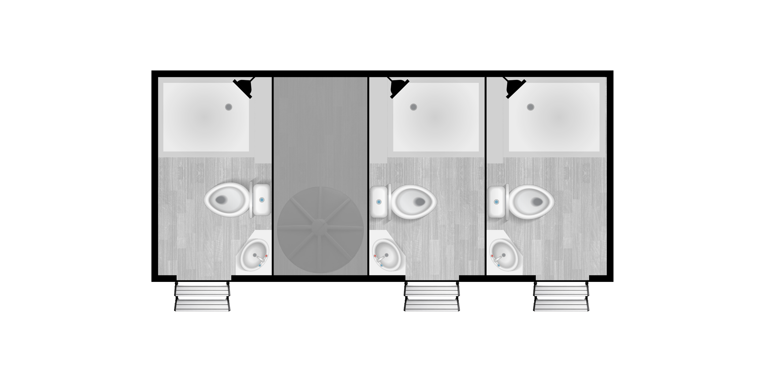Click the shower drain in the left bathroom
[x=229, y=107]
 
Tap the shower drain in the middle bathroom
[x=413, y=107]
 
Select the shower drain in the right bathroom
[x=530, y=107]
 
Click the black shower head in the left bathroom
[x=244, y=87]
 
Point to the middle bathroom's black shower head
[x=398, y=87]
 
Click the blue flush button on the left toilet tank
[x=262, y=200]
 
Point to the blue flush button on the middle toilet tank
[x=379, y=202]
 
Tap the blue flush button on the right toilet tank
[x=496, y=202]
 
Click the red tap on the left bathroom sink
[x=266, y=256]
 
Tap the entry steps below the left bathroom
[x=202, y=297]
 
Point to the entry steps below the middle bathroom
[x=432, y=297]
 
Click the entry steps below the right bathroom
[x=561, y=297]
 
